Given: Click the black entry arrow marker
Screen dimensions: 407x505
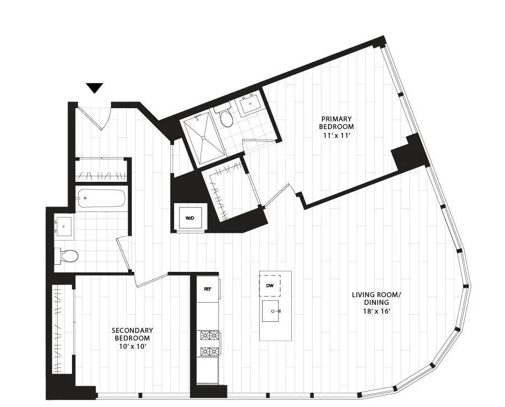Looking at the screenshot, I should pos(95,88).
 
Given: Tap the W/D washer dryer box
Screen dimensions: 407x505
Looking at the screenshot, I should pos(190,218).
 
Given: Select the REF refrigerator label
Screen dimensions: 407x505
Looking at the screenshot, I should pos(208,289).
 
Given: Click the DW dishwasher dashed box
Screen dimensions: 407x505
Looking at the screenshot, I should pos(270,286).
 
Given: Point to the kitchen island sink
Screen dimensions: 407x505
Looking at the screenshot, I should pos(273,311).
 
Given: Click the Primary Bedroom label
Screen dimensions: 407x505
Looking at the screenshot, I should pos(336,122).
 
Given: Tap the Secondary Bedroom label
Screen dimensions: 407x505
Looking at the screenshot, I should pos(131,334).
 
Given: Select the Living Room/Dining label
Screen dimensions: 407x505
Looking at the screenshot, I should pos(376,298).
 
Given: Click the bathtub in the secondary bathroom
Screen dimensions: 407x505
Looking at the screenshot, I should pos(102,198).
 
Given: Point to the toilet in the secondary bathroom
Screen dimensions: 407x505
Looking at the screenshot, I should pos(67,255).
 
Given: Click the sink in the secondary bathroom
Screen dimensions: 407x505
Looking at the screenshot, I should pos(64,226).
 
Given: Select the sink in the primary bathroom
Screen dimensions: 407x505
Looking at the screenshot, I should pos(252,104).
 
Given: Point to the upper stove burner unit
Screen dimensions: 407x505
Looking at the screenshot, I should pos(208,336).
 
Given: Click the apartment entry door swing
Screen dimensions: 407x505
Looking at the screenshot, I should pos(96,116).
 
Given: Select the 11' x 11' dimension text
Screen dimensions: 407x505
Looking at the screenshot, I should pos(336,136).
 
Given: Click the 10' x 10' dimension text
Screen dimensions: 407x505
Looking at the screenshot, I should pos(131,347).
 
